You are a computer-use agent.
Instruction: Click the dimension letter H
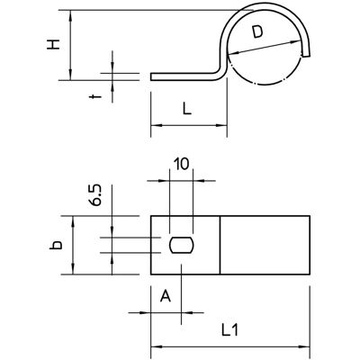[54, 44]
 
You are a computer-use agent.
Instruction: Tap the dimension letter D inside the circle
[257, 32]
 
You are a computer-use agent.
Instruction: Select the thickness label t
[96, 96]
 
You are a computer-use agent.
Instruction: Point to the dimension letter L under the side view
[187, 110]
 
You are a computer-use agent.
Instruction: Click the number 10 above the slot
[182, 165]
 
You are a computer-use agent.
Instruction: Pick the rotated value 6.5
[96, 195]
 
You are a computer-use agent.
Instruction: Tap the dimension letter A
[166, 296]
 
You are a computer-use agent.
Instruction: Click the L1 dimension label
[230, 330]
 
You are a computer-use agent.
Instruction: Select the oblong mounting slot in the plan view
[182, 245]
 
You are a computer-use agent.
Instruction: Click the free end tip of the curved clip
[306, 55]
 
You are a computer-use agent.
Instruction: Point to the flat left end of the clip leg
[151, 76]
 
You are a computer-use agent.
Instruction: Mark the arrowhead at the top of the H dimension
[70, 15]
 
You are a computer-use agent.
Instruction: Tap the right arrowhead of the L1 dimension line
[304, 347]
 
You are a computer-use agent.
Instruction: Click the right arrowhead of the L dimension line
[221, 125]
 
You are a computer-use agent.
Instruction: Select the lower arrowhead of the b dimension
[73, 269]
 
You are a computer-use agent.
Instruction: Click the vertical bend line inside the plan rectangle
[220, 245]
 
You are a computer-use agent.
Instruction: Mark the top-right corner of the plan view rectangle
[310, 216]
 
